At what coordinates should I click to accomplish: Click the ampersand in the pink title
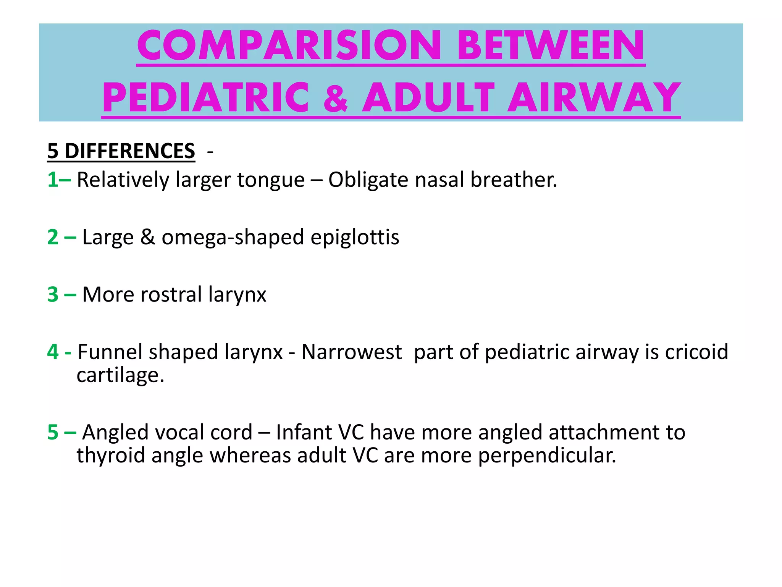pyautogui.click(x=336, y=99)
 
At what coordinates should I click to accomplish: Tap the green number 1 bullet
pyautogui.click(x=53, y=180)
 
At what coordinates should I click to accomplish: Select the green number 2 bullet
pyautogui.click(x=53, y=237)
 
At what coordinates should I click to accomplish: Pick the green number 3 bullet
pyautogui.click(x=53, y=294)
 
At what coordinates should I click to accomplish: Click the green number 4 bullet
pyautogui.click(x=53, y=352)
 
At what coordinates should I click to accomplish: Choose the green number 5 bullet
pyautogui.click(x=53, y=432)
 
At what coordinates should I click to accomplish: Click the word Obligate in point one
pyautogui.click(x=368, y=180)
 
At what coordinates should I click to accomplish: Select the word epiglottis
pyautogui.click(x=355, y=238)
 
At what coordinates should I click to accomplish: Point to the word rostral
pyautogui.click(x=171, y=294)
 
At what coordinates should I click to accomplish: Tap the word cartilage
pyautogui.click(x=120, y=375)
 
